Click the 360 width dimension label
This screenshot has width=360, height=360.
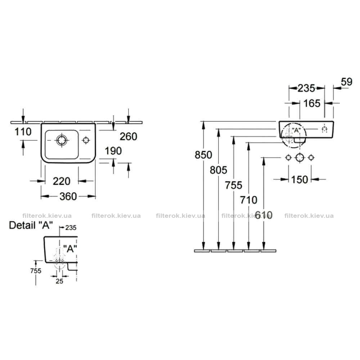tap(68, 197)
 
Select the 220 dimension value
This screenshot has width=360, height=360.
tap(62, 181)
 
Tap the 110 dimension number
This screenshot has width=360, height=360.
tap(23, 132)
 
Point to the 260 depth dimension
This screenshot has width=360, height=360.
tap(129, 136)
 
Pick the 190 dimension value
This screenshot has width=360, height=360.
tap(113, 151)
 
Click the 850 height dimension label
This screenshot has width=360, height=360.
tap(203, 155)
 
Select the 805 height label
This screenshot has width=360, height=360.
tap(219, 170)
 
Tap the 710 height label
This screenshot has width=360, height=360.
tap(249, 200)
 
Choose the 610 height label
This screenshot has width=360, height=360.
tap(264, 215)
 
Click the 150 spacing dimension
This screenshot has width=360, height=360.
tap(300, 180)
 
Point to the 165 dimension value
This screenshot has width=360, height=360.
tap(312, 104)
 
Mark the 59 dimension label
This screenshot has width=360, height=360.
tap(346, 82)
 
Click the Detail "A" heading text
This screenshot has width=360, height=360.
tap(31, 225)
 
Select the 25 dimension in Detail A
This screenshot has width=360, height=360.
tap(59, 281)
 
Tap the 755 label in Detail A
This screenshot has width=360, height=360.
tap(36, 271)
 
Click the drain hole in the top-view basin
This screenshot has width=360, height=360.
tap(62, 140)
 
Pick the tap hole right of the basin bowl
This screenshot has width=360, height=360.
tap(86, 140)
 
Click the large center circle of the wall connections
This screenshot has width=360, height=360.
tap(300, 158)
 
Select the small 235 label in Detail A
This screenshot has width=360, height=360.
tap(71, 228)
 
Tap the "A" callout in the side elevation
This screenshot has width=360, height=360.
tap(296, 130)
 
